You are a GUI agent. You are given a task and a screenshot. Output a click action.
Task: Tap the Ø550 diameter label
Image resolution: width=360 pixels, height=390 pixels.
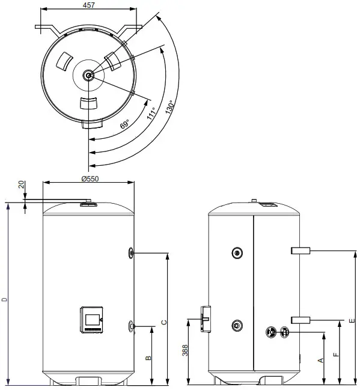(88, 178)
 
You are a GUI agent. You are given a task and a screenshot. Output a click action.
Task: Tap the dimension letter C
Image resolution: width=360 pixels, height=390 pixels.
(163, 321)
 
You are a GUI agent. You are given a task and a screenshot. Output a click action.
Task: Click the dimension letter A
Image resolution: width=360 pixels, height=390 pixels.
(321, 360)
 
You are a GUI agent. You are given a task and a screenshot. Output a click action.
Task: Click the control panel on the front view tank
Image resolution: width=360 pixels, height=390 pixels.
(92, 319)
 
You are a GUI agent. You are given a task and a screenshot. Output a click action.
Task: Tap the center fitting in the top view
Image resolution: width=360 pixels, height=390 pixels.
(88, 75)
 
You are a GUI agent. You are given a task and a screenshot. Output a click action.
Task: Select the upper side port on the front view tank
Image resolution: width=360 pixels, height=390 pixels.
(131, 253)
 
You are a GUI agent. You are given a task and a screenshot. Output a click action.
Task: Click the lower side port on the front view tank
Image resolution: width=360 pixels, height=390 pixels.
(131, 326)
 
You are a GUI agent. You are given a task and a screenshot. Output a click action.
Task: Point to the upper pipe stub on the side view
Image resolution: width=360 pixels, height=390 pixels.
(300, 249)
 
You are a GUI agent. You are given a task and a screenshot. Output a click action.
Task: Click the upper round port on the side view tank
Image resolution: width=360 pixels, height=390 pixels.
(238, 253)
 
